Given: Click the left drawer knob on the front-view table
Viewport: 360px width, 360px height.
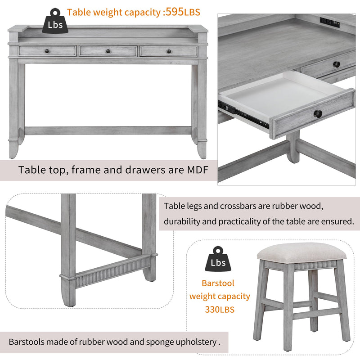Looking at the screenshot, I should (x=47, y=51).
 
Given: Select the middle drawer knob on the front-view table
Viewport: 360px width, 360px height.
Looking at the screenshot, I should (x=108, y=51).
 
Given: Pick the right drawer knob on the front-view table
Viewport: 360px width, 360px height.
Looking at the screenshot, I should (x=169, y=51).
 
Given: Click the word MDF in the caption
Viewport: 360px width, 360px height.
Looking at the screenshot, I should (x=193, y=170).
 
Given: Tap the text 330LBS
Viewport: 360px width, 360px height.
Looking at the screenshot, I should (x=219, y=309).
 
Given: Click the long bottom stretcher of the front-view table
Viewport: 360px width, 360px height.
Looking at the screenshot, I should (x=108, y=130).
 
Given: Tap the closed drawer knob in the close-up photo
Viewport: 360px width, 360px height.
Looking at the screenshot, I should (x=337, y=64).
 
